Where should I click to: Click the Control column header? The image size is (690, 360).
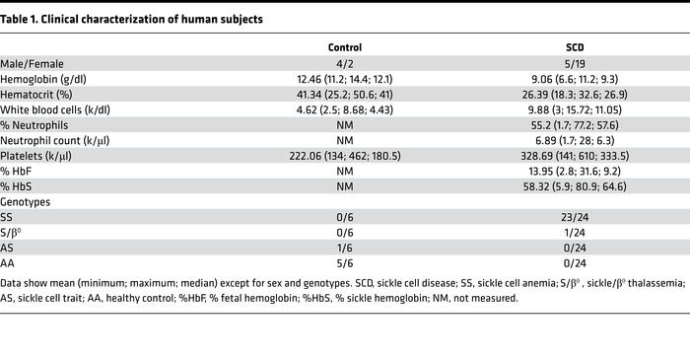point(344,46)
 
